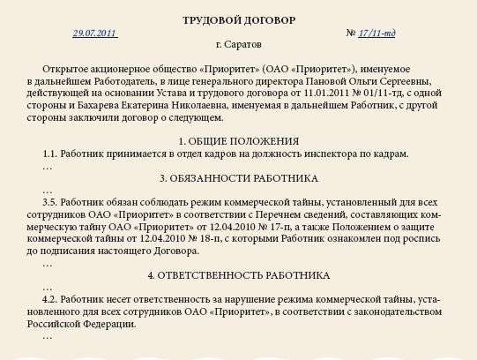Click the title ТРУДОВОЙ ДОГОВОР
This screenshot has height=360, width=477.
pos(239,19)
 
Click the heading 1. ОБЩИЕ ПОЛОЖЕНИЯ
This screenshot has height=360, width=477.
pos(238,141)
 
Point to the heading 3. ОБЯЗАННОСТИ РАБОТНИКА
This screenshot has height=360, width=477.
pos(238,178)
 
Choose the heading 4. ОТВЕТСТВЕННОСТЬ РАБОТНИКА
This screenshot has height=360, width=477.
pos(238,275)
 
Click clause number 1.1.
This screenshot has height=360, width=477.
pos(49,154)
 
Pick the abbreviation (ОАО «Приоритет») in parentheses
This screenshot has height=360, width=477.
pos(315,68)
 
